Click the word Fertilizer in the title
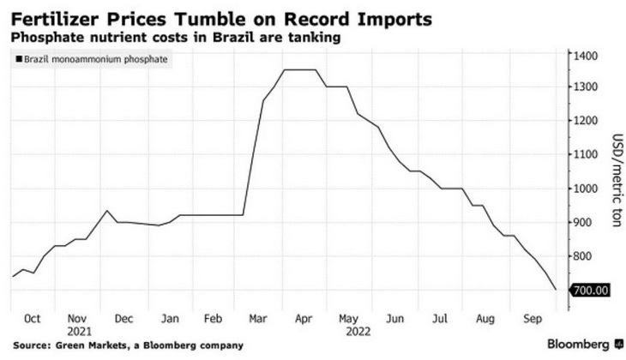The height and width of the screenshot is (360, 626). point(54,16)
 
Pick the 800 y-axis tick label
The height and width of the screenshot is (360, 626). point(583,256)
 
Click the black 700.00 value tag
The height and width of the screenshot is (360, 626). point(590,291)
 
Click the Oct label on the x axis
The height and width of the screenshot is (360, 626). point(33,318)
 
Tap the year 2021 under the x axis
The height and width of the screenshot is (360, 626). point(77,330)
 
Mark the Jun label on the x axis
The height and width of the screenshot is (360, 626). point(395,318)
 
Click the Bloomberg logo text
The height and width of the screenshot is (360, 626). point(580,345)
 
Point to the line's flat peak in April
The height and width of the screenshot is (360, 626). point(300,70)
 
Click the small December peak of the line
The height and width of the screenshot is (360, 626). point(107,211)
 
